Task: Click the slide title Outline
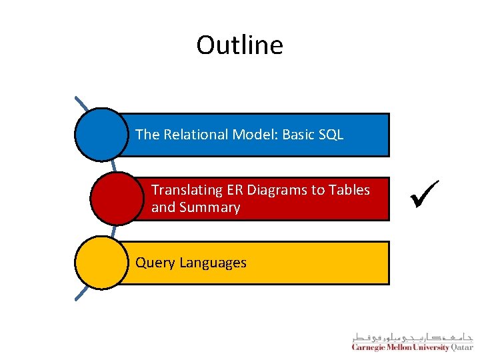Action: pyautogui.click(x=239, y=45)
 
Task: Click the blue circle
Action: pyautogui.click(x=101, y=135)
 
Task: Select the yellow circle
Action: pyautogui.click(x=101, y=263)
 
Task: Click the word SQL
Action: pyautogui.click(x=331, y=135)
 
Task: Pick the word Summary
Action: pyautogui.click(x=214, y=207)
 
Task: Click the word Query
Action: pyautogui.click(x=153, y=263)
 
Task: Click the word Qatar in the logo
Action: pyautogui.click(x=461, y=347)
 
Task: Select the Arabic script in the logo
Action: pyautogui.click(x=413, y=336)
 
